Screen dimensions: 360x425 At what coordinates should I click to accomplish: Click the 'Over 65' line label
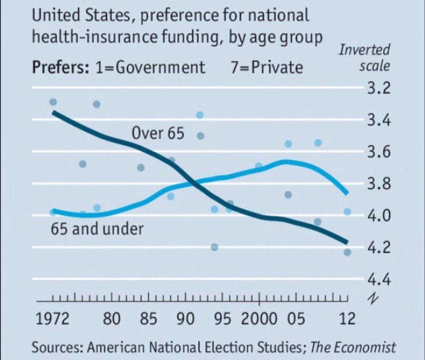click(158, 134)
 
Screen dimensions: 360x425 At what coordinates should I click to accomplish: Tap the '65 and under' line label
click(97, 229)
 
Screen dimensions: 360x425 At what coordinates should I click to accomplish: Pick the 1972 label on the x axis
click(52, 319)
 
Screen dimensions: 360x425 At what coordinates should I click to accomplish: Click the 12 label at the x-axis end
click(347, 319)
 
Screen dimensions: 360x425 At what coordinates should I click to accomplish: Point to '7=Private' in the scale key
click(267, 67)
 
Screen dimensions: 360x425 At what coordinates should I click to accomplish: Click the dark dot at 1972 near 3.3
click(53, 102)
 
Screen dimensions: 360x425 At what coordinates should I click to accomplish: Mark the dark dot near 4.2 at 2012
click(348, 252)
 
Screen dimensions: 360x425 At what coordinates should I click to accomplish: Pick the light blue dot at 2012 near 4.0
click(348, 212)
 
